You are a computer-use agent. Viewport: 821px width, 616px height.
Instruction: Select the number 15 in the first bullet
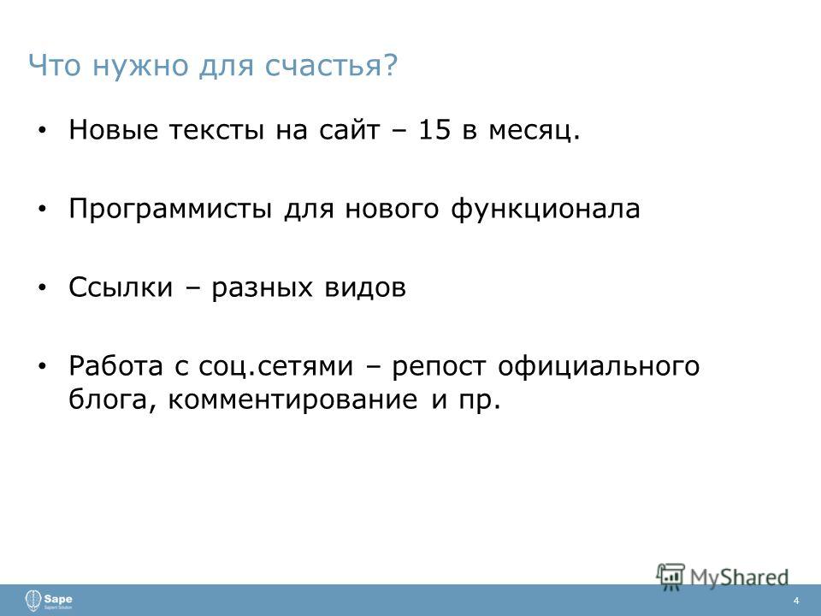434,129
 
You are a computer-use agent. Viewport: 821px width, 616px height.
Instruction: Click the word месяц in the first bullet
534,131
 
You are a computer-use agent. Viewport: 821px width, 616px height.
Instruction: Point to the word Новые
113,129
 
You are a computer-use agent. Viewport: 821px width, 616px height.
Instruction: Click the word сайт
349,129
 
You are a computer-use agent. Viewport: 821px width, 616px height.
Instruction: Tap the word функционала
546,210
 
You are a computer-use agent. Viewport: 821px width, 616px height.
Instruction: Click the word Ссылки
121,287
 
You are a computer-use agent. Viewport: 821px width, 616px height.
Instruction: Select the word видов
365,287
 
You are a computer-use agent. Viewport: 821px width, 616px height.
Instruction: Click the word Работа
115,365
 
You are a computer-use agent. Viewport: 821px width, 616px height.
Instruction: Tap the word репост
438,368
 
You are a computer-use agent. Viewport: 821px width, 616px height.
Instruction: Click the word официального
599,367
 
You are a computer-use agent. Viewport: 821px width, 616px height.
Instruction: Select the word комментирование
292,400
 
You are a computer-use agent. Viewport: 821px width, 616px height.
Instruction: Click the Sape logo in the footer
49,601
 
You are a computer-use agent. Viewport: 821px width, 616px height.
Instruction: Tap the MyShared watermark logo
723,577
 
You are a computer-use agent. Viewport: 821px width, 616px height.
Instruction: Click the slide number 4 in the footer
796,601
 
